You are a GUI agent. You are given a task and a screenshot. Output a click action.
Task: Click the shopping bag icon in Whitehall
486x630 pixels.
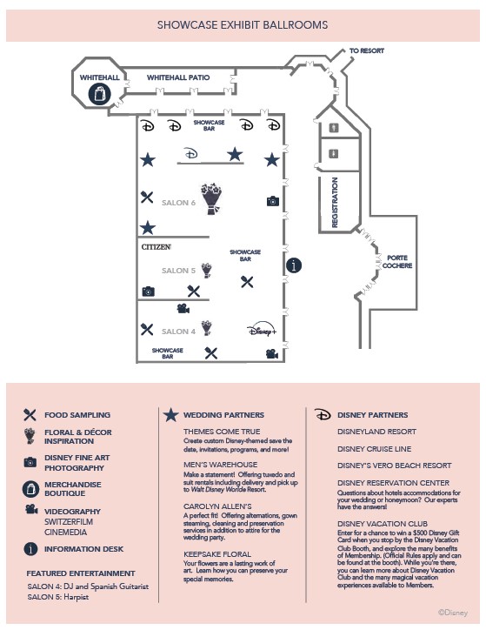(x=99, y=94)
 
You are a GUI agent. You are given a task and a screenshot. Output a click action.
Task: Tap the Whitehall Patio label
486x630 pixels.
(x=178, y=77)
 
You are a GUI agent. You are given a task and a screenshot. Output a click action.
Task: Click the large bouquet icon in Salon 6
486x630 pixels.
(x=211, y=198)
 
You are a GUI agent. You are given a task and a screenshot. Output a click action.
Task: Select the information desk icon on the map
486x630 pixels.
(x=294, y=265)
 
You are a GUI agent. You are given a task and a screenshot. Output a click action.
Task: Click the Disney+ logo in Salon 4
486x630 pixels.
(x=262, y=329)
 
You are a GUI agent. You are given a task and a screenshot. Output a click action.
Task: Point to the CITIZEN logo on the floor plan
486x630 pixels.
(x=156, y=247)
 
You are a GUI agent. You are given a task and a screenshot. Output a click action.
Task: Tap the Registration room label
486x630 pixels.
(x=335, y=203)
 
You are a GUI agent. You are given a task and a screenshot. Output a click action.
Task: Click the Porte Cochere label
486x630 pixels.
(x=397, y=262)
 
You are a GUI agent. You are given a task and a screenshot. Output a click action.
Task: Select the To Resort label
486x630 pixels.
(x=367, y=50)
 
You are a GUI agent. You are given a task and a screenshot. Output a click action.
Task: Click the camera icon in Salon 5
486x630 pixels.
(x=149, y=292)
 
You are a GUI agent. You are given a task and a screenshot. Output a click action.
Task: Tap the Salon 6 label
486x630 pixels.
(x=178, y=203)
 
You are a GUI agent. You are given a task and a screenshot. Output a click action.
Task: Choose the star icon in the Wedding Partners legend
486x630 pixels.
(x=170, y=415)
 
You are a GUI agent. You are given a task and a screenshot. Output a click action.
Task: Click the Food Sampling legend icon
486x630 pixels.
(x=30, y=415)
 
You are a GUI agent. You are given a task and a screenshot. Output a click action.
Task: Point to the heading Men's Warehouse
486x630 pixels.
(x=220, y=465)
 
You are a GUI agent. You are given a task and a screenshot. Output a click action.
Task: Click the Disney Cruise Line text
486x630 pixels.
(x=375, y=449)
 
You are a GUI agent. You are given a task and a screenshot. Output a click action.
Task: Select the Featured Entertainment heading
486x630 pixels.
(x=81, y=573)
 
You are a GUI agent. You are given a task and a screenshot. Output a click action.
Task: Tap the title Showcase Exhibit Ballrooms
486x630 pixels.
(x=243, y=25)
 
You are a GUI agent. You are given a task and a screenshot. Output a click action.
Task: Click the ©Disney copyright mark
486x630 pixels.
(x=453, y=613)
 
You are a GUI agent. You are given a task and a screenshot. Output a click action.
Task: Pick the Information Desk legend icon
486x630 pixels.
(x=30, y=549)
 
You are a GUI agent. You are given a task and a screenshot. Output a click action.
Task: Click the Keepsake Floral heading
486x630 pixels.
(x=217, y=554)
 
